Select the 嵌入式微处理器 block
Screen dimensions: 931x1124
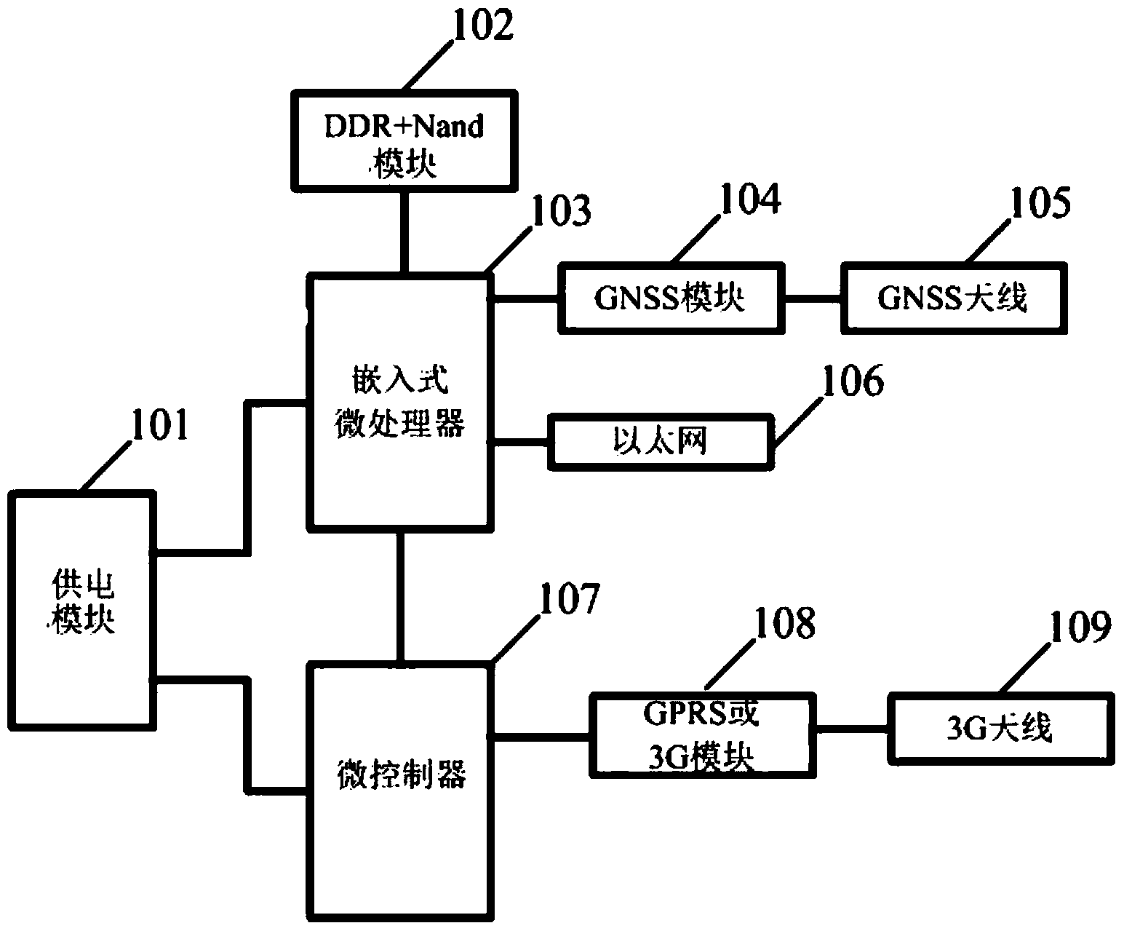[399, 400]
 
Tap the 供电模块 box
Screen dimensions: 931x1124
[82, 609]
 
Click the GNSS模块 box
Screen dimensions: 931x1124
[671, 298]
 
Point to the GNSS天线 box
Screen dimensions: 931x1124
[953, 298]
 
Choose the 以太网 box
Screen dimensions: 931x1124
[658, 441]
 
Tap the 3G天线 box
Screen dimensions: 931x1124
[999, 729]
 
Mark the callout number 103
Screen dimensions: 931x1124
[561, 212]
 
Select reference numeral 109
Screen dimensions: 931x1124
[1080, 627]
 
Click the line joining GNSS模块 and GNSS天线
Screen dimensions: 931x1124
[813, 298]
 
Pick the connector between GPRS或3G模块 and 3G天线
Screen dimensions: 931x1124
[850, 727]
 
